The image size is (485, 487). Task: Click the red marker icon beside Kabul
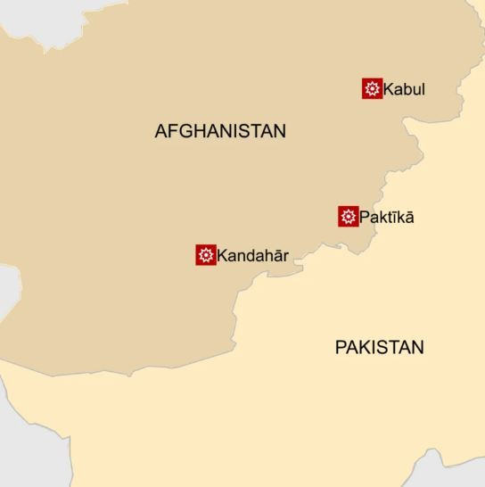373,88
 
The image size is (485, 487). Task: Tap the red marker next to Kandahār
206,255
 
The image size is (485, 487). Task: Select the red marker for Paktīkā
349,217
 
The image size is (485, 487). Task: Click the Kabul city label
405,89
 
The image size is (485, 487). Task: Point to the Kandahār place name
253,255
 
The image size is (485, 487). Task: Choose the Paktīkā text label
387,217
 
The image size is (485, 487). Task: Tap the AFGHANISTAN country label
220,131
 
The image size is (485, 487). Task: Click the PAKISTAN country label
379,348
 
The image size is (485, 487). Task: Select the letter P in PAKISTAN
341,348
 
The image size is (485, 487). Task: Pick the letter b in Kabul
407,89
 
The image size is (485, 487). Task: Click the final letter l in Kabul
423,89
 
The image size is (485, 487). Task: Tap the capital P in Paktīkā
365,217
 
